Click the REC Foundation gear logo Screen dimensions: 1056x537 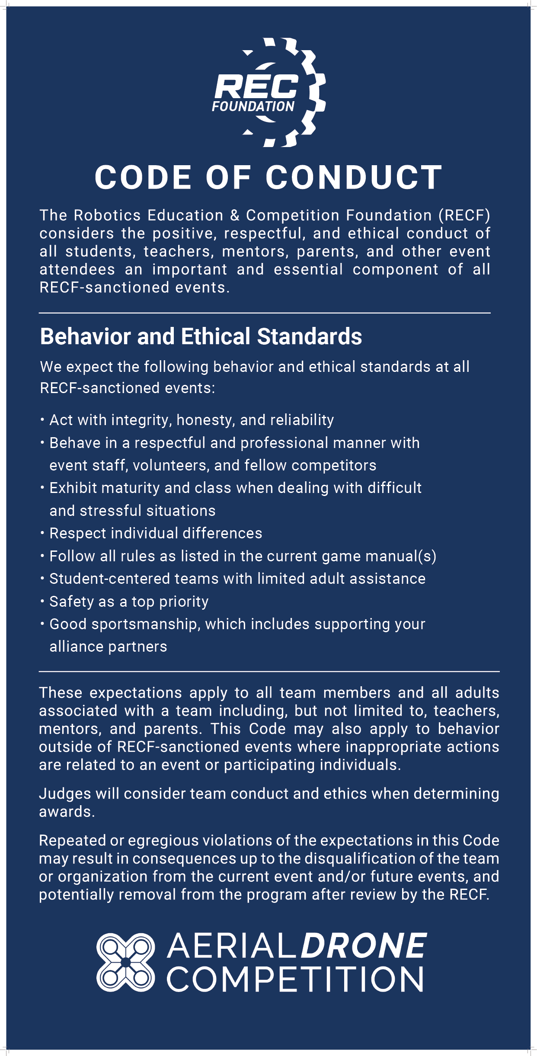(x=269, y=93)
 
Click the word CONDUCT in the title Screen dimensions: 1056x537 (x=354, y=177)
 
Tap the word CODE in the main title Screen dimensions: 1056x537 (x=143, y=177)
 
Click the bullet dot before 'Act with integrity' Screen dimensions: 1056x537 (x=42, y=419)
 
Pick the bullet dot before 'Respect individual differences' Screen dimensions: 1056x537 (x=42, y=533)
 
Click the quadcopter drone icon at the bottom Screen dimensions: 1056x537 (x=125, y=962)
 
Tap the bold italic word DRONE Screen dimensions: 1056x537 (x=363, y=946)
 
